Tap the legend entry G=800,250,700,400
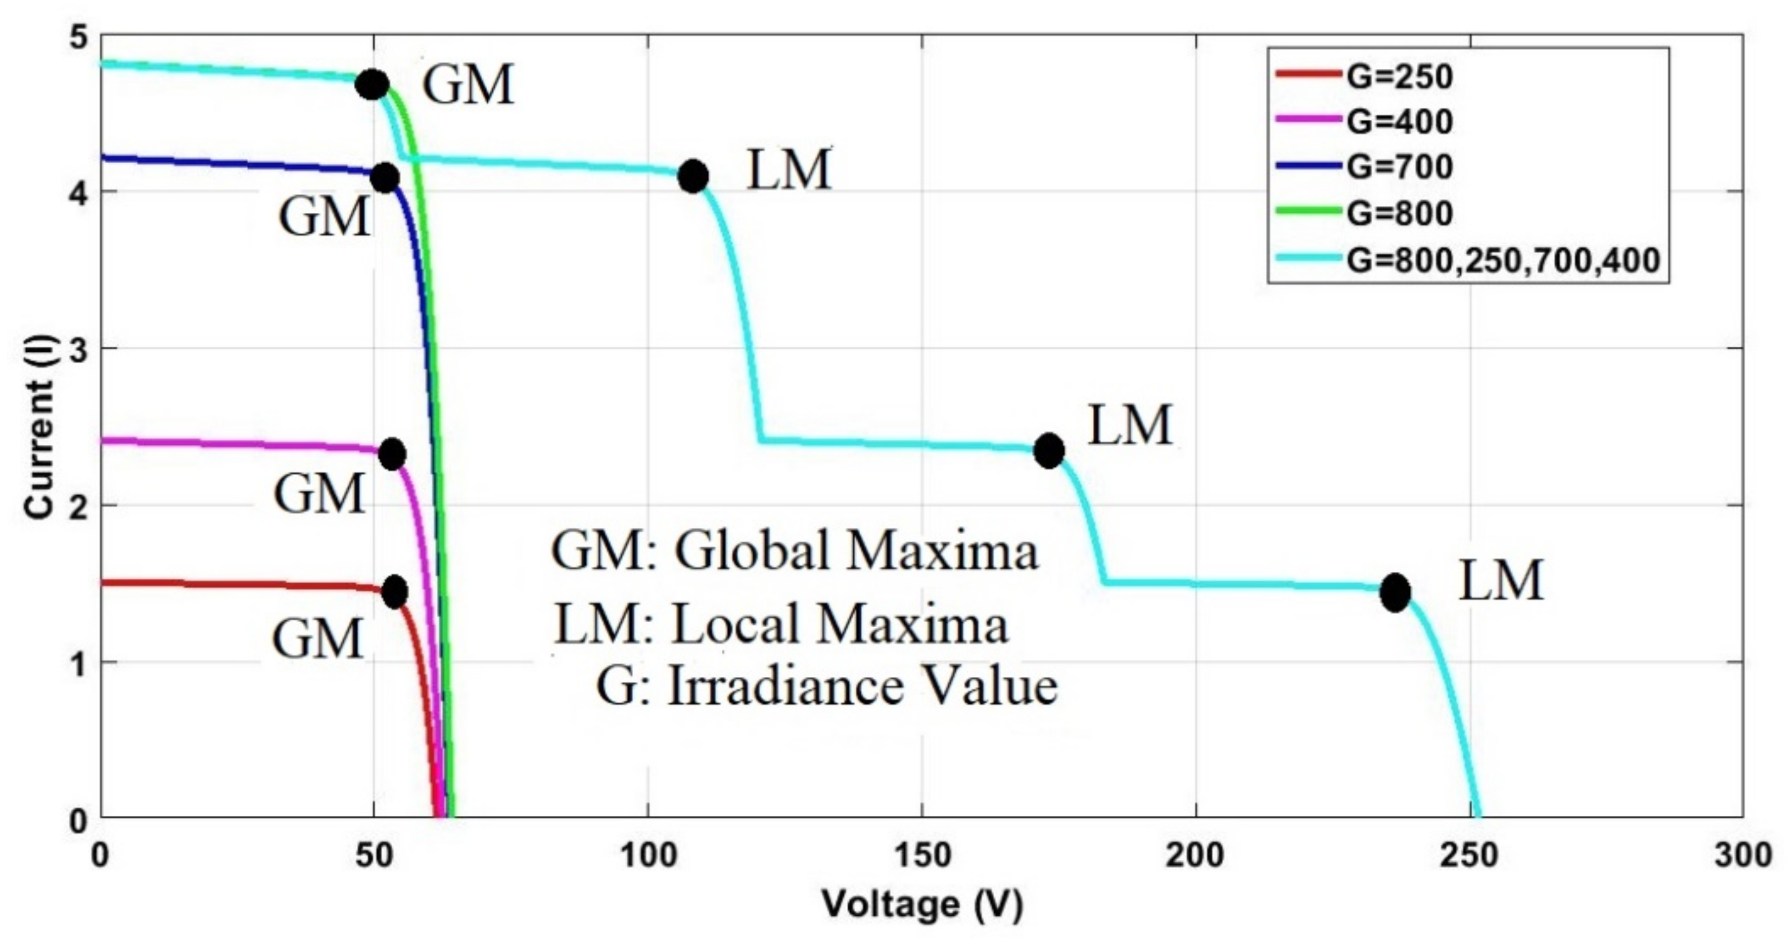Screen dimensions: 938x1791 click(x=1502, y=259)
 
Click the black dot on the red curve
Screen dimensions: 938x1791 click(x=395, y=591)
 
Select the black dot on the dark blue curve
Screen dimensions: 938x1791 click(x=385, y=179)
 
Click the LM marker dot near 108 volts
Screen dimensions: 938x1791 click(x=693, y=176)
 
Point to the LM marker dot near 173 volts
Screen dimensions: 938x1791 click(x=1048, y=450)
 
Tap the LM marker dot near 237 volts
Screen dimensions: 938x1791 click(x=1394, y=592)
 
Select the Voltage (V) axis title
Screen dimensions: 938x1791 click(x=922, y=904)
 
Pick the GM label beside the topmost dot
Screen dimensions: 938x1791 click(x=468, y=85)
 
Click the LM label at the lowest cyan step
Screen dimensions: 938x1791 click(x=1501, y=580)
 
